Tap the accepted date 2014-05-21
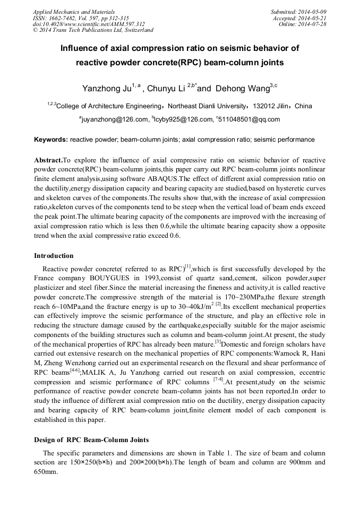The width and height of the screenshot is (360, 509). tap(314, 18)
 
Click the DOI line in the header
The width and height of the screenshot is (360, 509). tap(89, 24)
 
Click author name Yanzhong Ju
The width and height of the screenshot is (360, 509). tap(106, 88)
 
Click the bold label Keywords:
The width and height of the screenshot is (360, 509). tap(50, 140)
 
